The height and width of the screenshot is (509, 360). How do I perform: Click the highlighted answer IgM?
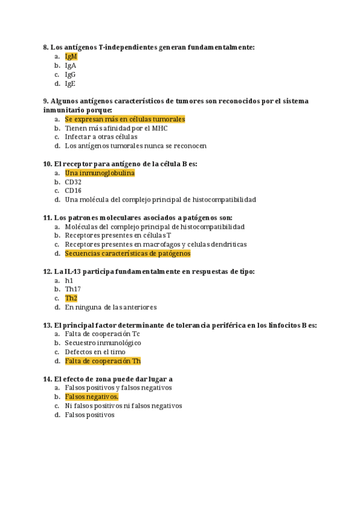click(71, 56)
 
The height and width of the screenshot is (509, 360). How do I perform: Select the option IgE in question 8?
click(70, 84)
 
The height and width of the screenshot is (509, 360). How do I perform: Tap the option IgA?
click(70, 65)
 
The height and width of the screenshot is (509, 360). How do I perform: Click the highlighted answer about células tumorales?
click(125, 119)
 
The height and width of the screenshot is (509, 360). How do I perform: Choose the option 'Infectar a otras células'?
click(101, 136)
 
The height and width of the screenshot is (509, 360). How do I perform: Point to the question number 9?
click(46, 101)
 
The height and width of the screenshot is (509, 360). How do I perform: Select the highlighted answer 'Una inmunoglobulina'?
click(100, 173)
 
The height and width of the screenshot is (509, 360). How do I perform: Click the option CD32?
click(73, 182)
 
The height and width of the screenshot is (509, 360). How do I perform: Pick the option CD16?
click(73, 190)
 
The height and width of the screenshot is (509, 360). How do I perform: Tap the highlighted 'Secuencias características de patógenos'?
click(128, 253)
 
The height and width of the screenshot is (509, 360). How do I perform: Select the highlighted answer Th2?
click(71, 298)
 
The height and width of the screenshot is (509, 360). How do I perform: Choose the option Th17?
click(73, 289)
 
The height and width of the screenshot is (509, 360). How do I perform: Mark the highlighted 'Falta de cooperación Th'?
click(103, 361)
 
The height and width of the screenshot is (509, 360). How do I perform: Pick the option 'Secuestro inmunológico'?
click(103, 343)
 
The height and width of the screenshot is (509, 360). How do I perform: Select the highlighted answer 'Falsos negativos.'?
click(92, 397)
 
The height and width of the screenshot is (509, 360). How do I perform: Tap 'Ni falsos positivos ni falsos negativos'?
click(123, 406)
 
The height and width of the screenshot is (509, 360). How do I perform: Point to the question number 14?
click(48, 379)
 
